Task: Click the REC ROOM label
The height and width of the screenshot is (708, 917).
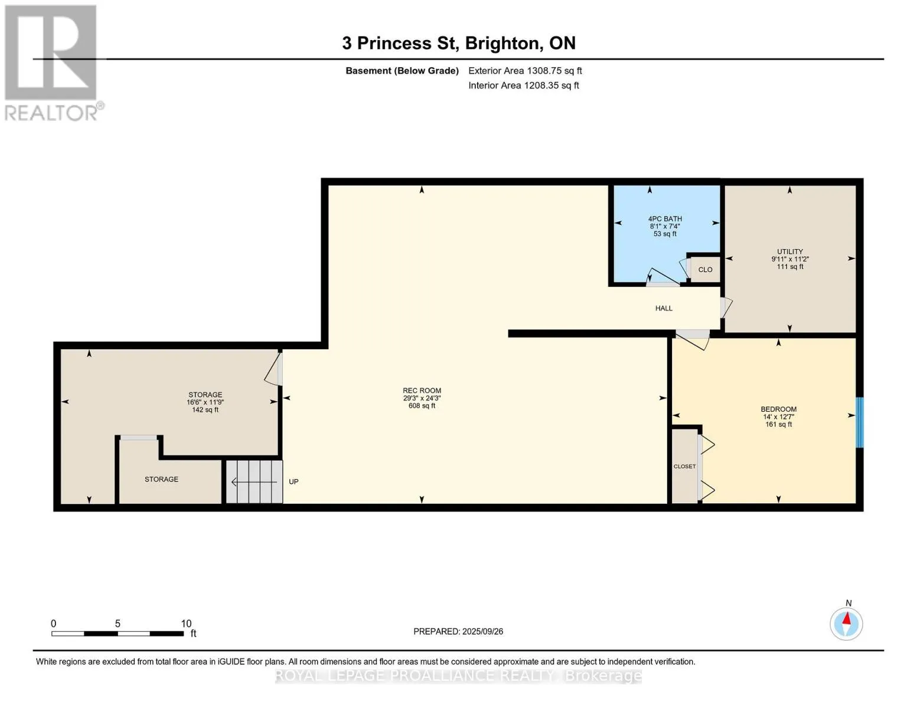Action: [422, 391]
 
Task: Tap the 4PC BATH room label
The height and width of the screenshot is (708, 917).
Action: [665, 219]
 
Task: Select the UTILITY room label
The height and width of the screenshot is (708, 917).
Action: [789, 251]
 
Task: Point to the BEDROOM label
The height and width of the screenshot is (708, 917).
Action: [778, 409]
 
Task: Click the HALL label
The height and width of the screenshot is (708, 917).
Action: [663, 308]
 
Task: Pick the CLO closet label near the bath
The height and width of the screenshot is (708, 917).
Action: [705, 270]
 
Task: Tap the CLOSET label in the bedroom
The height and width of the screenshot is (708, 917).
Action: [684, 466]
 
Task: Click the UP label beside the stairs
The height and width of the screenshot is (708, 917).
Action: [293, 481]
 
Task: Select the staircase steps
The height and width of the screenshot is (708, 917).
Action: [254, 481]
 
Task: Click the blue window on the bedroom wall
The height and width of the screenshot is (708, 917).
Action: [859, 422]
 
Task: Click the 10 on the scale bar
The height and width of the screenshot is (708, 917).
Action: [186, 623]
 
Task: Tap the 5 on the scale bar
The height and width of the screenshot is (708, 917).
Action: [118, 623]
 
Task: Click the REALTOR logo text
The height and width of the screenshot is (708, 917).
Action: [51, 113]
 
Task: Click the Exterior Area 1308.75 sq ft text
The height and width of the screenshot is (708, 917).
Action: [525, 71]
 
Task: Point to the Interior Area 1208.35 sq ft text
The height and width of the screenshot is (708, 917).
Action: [523, 86]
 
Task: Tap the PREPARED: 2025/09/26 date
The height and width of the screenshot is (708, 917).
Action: [458, 631]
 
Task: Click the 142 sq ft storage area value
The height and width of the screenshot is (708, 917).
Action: [205, 410]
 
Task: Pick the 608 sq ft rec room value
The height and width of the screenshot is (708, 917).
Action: [422, 406]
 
